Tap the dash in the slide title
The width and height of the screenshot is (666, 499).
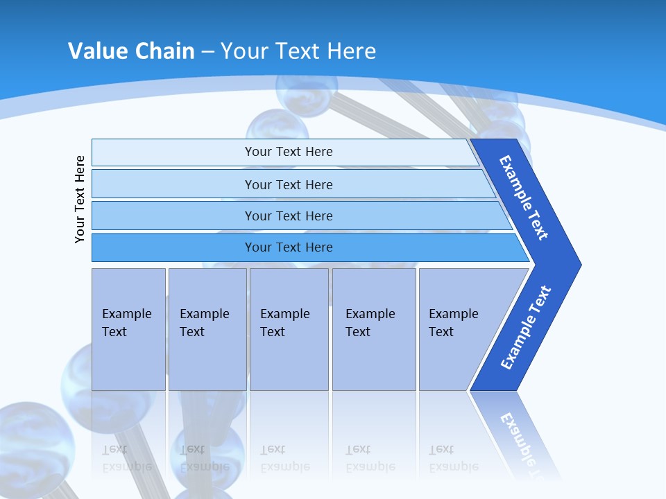point(207,52)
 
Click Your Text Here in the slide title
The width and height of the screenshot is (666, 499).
point(298,51)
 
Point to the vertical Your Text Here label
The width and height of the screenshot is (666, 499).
point(80,199)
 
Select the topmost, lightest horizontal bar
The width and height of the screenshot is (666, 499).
point(289,152)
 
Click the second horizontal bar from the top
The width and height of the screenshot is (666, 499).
point(289,184)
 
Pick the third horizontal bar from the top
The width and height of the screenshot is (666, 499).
point(289,216)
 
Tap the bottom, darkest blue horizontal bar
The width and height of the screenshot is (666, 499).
point(289,247)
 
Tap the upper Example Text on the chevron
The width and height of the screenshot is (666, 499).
point(524,198)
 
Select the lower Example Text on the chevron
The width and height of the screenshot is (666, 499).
point(525,328)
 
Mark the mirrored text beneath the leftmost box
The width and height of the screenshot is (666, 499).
point(127,458)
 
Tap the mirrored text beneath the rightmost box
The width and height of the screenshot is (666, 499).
point(453,458)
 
